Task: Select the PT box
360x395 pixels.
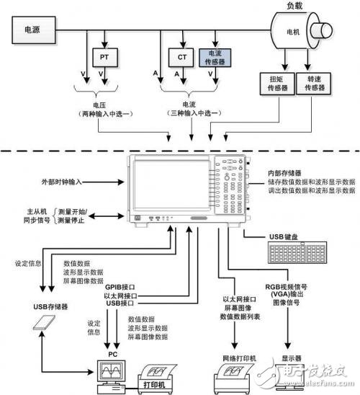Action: coord(104,56)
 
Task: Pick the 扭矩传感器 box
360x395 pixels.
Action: coord(276,83)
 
